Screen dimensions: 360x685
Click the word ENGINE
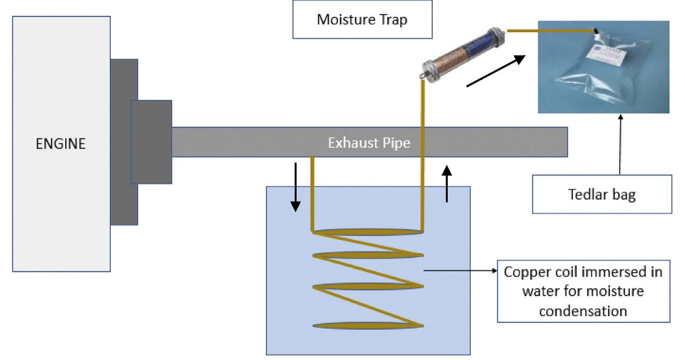61,144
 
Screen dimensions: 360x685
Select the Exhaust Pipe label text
369,142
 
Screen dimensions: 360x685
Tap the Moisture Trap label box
362,20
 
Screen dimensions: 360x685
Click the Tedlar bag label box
602,194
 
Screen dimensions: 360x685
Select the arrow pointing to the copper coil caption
460,270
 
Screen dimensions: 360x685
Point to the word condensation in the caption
583,311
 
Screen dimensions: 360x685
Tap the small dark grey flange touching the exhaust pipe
151,141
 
